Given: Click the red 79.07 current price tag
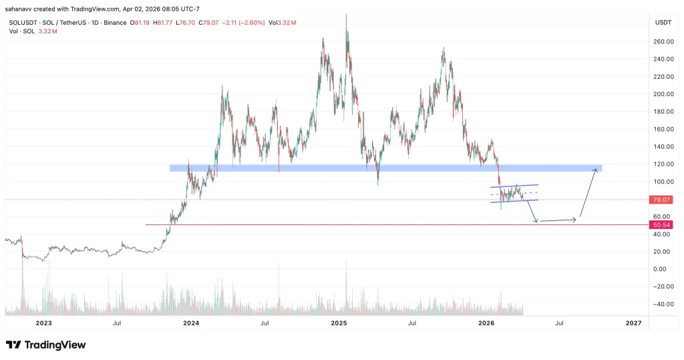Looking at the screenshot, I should [659, 200].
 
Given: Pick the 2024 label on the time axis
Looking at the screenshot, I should [191, 323].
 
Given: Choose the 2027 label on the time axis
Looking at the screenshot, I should [633, 323].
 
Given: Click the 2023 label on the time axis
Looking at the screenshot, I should [43, 323].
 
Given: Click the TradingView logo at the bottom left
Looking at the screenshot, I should [45, 345].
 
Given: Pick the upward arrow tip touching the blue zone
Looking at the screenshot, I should [594, 170].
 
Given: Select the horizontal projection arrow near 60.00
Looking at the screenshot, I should [558, 220].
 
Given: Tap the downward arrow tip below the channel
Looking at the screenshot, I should [536, 222].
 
